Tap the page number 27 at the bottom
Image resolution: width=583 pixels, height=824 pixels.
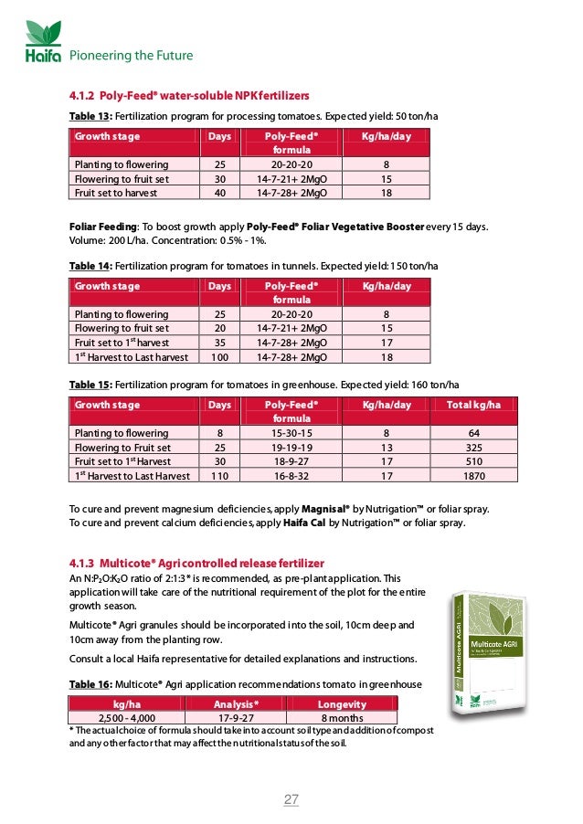291,800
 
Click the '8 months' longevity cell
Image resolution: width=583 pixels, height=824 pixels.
341,718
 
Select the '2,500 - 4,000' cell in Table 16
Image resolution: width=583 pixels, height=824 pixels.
125,718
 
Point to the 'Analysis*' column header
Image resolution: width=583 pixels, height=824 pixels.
236,704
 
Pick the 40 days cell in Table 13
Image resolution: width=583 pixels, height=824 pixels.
218,193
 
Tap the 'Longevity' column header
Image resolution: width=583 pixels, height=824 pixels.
341,704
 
